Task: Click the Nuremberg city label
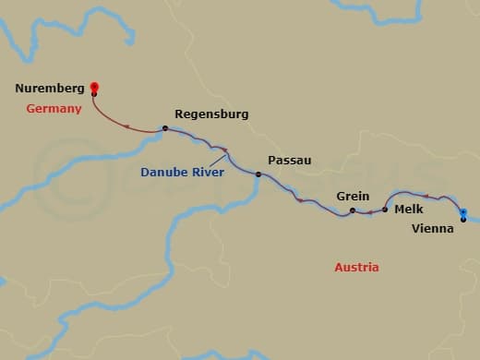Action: click(x=50, y=90)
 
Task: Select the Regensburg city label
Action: click(x=210, y=114)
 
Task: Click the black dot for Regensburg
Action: click(x=164, y=128)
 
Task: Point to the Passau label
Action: click(x=289, y=160)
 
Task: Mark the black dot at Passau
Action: click(x=258, y=174)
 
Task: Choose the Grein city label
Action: click(x=354, y=197)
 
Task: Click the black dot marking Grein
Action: click(x=352, y=211)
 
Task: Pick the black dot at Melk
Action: click(x=385, y=210)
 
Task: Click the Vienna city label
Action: click(x=433, y=228)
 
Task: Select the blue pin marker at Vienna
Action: click(x=463, y=214)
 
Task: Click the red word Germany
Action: click(x=54, y=108)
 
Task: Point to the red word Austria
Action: click(x=356, y=268)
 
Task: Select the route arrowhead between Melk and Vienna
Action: click(x=426, y=196)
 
